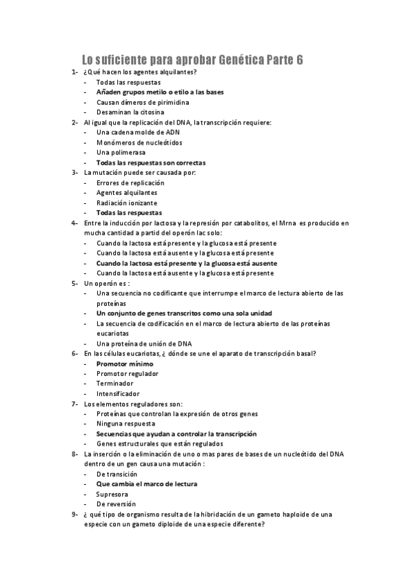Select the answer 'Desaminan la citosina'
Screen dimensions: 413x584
click(x=130, y=112)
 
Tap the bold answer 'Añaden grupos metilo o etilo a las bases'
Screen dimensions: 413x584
click(x=160, y=92)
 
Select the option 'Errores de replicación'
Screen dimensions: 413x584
click(x=130, y=182)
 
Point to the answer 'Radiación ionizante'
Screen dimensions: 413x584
click(x=127, y=203)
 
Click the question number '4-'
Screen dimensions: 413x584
click(x=74, y=223)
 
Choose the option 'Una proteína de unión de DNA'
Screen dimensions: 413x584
click(x=144, y=344)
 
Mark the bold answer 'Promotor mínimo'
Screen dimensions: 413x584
click(x=125, y=364)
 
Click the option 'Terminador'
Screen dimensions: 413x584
click(x=115, y=384)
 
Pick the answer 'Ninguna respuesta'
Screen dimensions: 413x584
click(x=125, y=424)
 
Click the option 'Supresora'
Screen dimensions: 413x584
click(x=112, y=494)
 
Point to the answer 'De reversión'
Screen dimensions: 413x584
click(x=116, y=504)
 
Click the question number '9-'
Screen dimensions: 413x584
click(x=74, y=514)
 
